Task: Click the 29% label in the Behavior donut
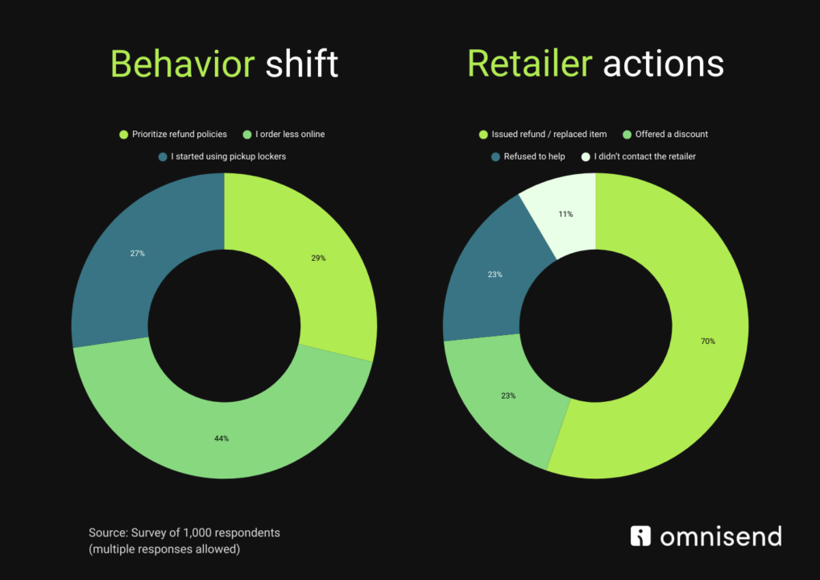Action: pos(319,259)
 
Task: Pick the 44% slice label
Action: pos(222,438)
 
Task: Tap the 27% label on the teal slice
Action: pos(138,253)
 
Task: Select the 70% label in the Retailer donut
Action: pos(708,341)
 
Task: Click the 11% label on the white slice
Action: pos(565,214)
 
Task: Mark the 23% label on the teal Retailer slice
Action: pos(495,275)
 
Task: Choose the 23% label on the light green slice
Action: pos(508,396)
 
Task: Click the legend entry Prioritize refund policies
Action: pos(179,134)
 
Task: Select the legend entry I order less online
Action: pos(290,134)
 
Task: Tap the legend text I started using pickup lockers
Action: pos(228,156)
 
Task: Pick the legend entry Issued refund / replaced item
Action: pos(549,134)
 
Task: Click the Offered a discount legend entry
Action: pos(671,134)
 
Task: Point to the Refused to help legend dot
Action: pos(495,156)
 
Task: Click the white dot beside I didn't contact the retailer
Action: pos(586,156)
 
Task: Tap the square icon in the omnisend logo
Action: pos(640,536)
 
